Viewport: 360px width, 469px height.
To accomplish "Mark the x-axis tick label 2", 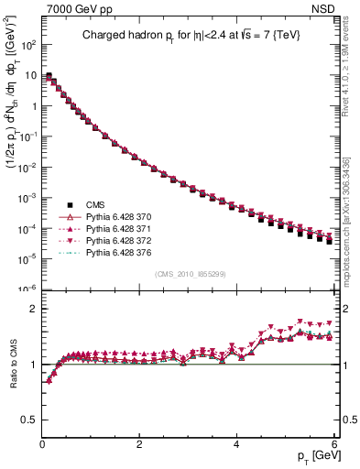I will pos(139,444).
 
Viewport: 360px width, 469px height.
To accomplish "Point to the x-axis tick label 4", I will pos(236,444).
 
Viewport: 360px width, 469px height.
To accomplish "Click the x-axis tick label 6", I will pos(333,444).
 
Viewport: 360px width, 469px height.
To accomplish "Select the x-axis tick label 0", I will pos(42,444).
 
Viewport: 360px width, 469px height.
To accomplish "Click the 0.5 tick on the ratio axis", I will pos(30,420).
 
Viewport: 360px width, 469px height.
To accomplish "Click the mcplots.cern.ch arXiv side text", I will pos(352,215).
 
